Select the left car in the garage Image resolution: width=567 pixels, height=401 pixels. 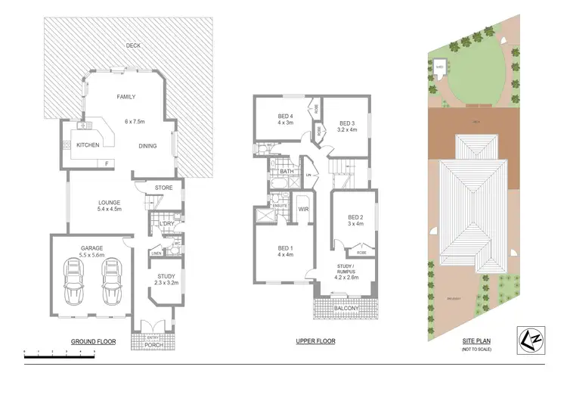coord(76,281)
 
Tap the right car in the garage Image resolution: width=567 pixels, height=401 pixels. coord(112,281)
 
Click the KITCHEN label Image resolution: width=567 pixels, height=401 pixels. coord(87,145)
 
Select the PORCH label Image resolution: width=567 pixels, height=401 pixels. coord(153,347)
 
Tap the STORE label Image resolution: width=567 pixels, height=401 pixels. coord(164,188)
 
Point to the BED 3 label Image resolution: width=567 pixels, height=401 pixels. coord(346,123)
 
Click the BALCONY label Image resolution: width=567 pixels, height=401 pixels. coord(345,308)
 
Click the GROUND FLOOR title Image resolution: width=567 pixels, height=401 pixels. coord(93,342)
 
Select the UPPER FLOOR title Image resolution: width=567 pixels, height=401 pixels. coord(315,341)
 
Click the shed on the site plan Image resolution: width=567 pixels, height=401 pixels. coord(439,67)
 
